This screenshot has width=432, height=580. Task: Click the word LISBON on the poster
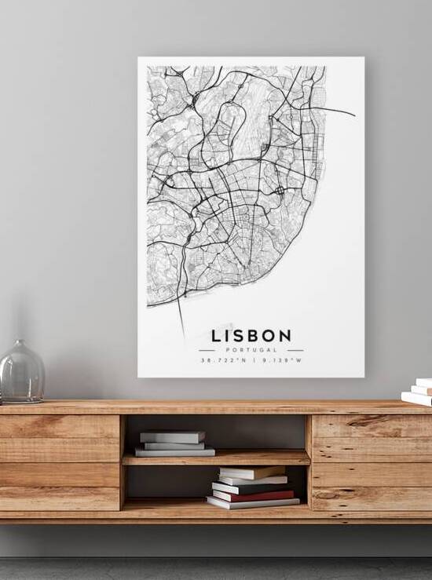click(251, 335)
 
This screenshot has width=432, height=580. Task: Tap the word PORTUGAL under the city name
click(251, 349)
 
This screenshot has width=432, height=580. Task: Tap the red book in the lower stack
click(253, 495)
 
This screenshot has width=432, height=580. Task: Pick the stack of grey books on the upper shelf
click(173, 444)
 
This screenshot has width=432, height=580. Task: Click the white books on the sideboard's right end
click(419, 392)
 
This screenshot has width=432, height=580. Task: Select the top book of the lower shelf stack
click(252, 472)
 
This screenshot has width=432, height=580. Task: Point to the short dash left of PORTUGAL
click(207, 350)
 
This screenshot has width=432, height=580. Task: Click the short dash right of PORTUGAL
click(295, 350)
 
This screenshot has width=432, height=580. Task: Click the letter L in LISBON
click(217, 335)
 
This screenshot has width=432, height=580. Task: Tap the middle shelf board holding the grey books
click(216, 458)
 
